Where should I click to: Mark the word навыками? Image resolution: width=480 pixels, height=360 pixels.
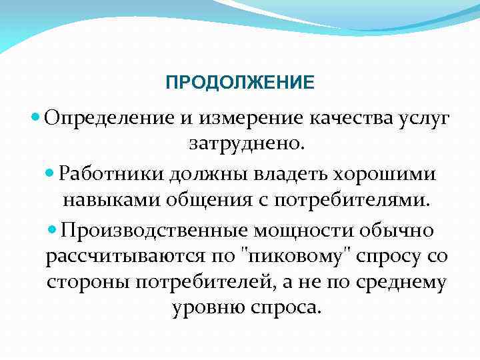(x=103, y=199)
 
